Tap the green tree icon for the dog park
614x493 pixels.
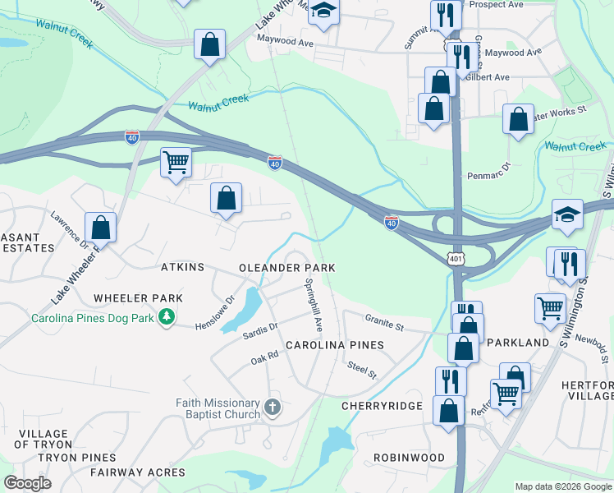(167, 317)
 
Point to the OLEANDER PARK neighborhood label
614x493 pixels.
(286, 269)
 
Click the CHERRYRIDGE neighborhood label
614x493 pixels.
(383, 406)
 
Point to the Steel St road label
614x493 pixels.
(361, 371)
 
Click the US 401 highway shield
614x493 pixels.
(456, 259)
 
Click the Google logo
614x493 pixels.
(28, 483)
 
